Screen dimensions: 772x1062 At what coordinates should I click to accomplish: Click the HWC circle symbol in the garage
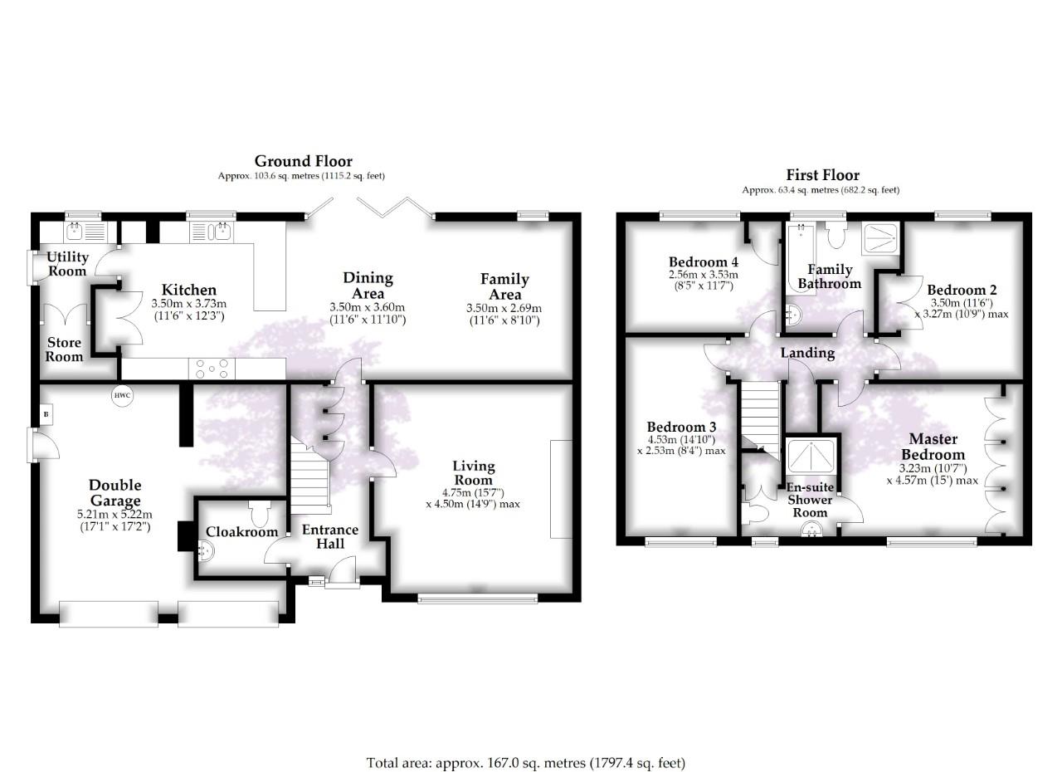click(x=123, y=395)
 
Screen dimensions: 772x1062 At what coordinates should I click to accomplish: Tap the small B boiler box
click(x=46, y=413)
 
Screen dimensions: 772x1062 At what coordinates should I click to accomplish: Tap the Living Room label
click(x=474, y=473)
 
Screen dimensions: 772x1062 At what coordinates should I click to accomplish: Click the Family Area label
click(x=504, y=286)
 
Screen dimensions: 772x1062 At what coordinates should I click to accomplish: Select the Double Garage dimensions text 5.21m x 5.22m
click(x=115, y=515)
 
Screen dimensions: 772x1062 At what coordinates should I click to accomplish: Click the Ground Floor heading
click(x=303, y=161)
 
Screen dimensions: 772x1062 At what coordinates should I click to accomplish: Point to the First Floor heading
click(x=822, y=175)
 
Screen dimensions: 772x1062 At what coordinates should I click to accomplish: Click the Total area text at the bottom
click(x=526, y=762)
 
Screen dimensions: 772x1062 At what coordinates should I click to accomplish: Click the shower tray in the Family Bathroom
click(x=881, y=238)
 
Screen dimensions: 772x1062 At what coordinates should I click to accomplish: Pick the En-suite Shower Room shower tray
click(x=811, y=457)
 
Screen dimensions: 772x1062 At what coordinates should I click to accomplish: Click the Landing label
click(x=807, y=353)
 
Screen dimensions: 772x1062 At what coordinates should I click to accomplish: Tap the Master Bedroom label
click(x=933, y=447)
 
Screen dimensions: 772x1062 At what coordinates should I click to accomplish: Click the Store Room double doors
click(x=65, y=320)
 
